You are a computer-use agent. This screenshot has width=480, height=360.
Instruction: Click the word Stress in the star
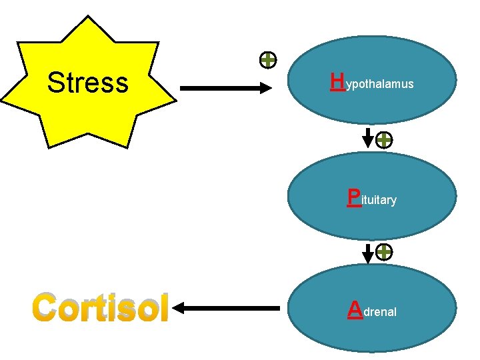[x=87, y=83]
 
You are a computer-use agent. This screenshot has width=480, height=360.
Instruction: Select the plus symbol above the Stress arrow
[x=267, y=61]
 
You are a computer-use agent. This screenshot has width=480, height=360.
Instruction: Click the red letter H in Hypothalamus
[x=337, y=82]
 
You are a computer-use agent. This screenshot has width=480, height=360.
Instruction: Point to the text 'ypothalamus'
[x=380, y=85]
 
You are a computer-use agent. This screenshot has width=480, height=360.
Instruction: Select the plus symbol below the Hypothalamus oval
[x=384, y=140]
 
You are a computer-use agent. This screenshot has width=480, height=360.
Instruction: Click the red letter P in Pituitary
[x=354, y=197]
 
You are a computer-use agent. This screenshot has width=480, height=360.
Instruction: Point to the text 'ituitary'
[x=379, y=200]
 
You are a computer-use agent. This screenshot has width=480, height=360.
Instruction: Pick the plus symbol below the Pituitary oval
[x=384, y=252]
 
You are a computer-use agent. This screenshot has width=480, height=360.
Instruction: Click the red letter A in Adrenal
[x=355, y=308]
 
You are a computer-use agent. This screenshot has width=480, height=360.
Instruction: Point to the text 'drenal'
[x=380, y=311]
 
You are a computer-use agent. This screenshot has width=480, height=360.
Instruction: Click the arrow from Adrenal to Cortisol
[x=227, y=308]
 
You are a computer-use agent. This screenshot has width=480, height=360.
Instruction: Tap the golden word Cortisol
[x=99, y=307]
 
